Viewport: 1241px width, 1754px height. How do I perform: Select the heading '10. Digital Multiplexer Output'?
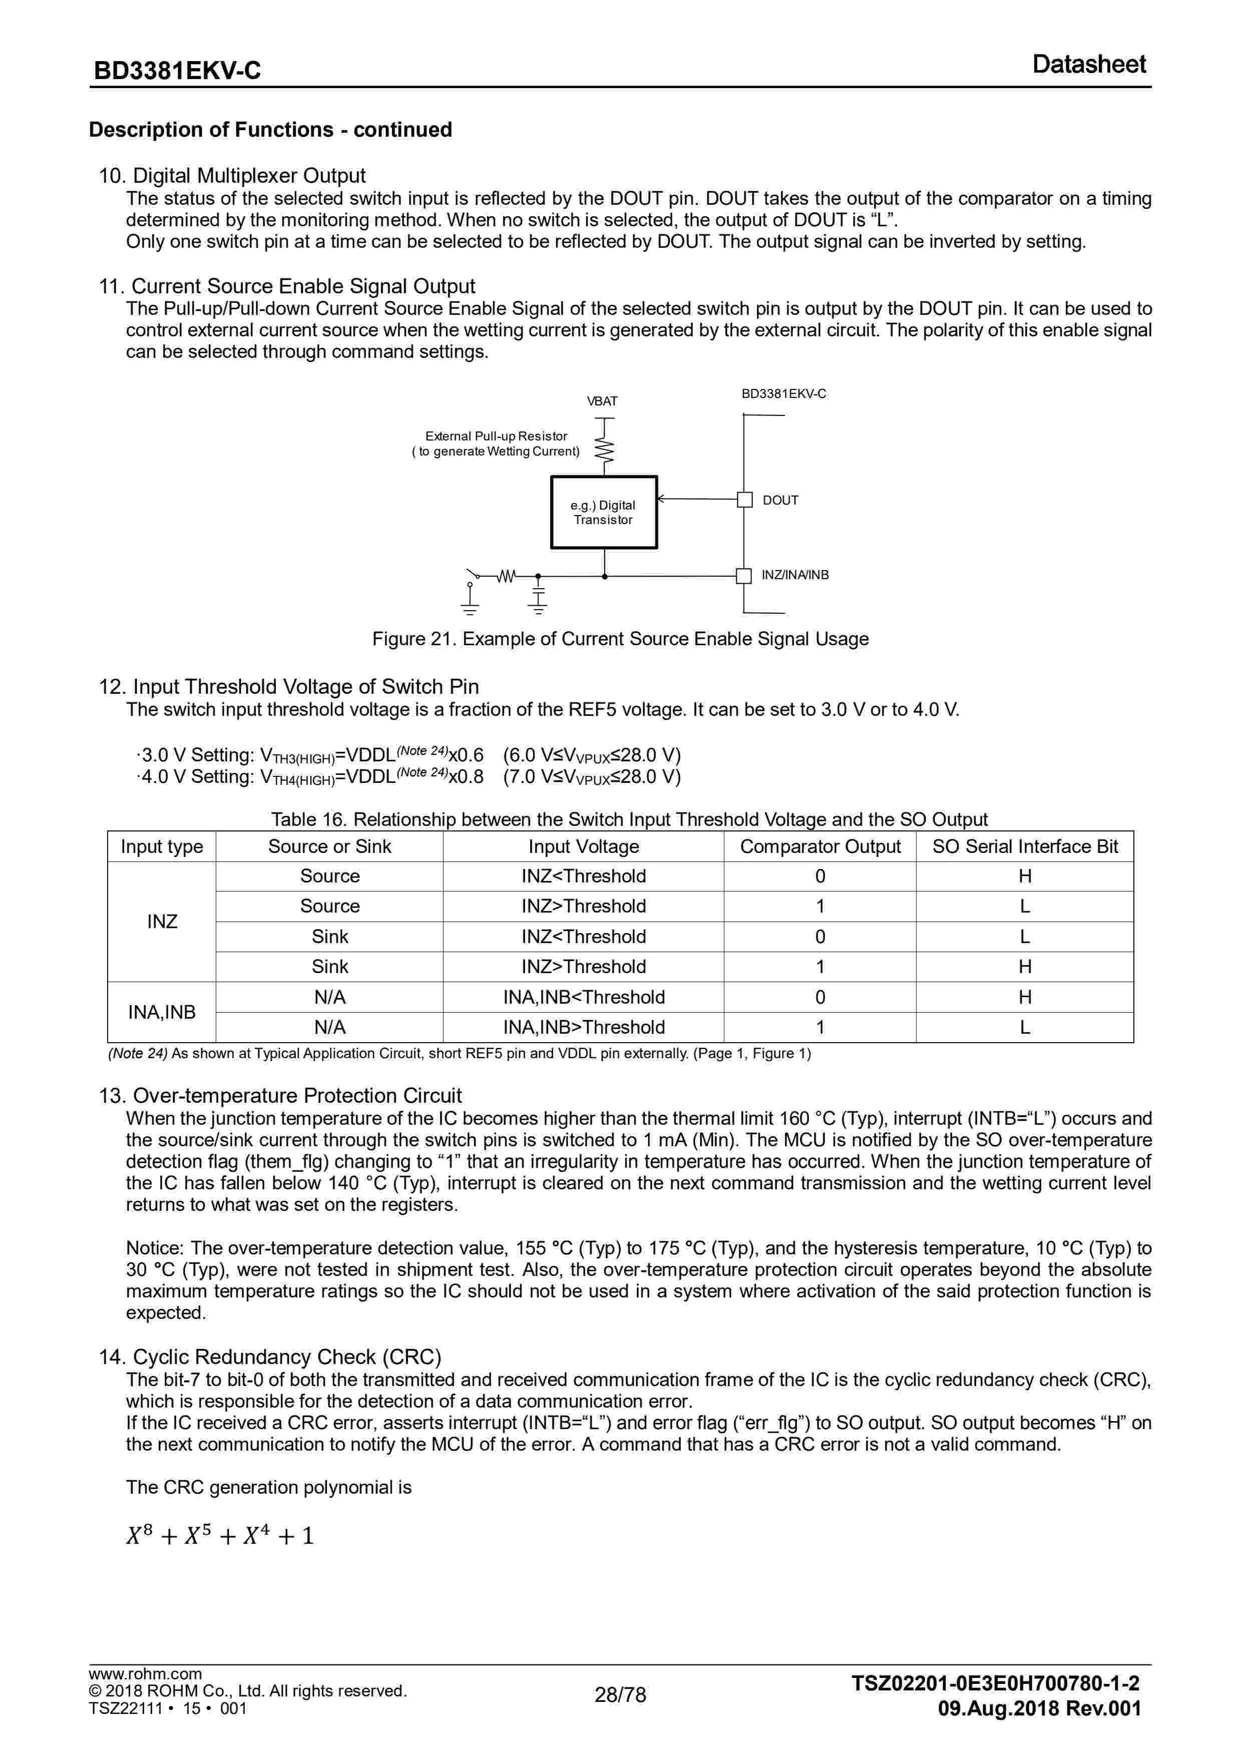pos(232,176)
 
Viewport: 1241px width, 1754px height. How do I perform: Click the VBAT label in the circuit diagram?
pos(602,401)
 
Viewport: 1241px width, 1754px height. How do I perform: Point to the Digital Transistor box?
pos(604,513)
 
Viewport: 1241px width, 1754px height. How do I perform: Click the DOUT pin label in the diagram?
pos(780,501)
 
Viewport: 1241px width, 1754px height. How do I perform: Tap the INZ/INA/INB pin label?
pos(795,575)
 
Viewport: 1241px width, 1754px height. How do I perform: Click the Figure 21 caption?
pos(620,639)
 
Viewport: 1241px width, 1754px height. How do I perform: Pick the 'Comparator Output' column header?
pos(820,846)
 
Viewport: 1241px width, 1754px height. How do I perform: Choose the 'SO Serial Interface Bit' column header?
pos(1025,846)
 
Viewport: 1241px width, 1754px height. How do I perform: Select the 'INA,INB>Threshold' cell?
pos(584,1028)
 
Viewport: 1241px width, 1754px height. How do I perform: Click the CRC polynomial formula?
pos(220,1536)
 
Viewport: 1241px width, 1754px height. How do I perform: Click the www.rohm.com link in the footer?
pos(145,1674)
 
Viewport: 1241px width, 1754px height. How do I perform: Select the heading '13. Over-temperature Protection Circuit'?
pos(280,1095)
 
